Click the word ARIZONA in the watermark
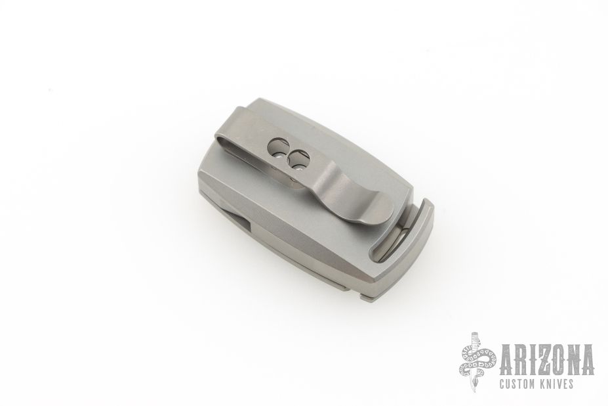pos(547,360)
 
